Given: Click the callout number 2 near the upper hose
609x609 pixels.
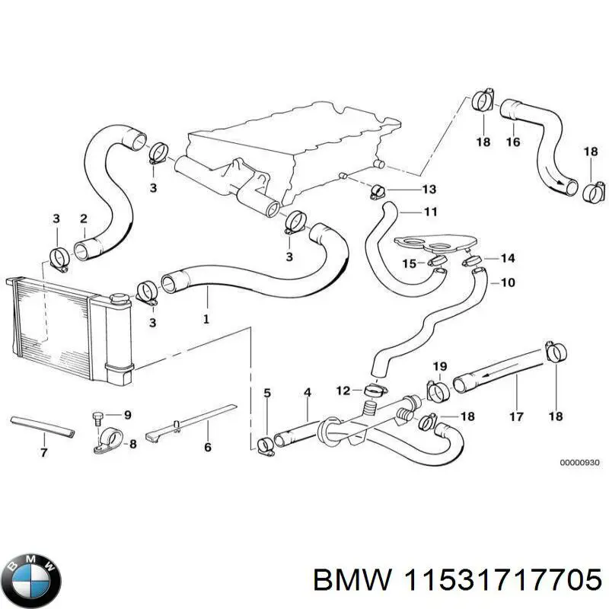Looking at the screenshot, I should click(x=83, y=219).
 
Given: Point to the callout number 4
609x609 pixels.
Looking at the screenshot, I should click(x=308, y=393).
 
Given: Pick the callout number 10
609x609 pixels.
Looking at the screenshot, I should click(x=507, y=283).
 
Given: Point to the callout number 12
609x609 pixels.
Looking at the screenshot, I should click(x=343, y=391).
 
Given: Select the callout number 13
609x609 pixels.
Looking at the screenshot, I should click(x=429, y=189).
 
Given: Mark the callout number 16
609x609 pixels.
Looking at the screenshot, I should click(x=512, y=142).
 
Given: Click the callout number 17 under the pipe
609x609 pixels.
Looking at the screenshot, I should click(x=516, y=416).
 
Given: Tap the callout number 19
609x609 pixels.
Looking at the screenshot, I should click(x=440, y=367).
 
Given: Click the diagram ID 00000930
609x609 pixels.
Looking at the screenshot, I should click(x=580, y=463).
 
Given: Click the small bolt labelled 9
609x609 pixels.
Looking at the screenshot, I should click(x=97, y=416).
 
